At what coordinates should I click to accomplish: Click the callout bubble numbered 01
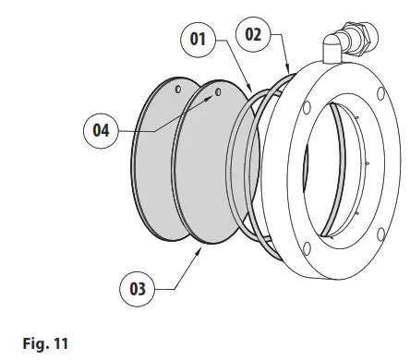pyautogui.click(x=198, y=40)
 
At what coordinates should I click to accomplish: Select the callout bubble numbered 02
pyautogui.click(x=253, y=34)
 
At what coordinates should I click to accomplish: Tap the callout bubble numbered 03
pyautogui.click(x=137, y=289)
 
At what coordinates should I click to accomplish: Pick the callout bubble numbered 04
pyautogui.click(x=101, y=130)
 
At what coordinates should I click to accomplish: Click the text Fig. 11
pyautogui.click(x=45, y=343)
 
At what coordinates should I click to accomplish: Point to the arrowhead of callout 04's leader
pyautogui.click(x=211, y=97)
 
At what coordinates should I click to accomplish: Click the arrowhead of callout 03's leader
pyautogui.click(x=199, y=250)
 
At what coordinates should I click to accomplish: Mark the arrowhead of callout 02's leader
pyautogui.click(x=288, y=69)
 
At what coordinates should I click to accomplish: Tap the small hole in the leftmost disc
pyautogui.click(x=178, y=90)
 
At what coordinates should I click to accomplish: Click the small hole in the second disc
pyautogui.click(x=218, y=92)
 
